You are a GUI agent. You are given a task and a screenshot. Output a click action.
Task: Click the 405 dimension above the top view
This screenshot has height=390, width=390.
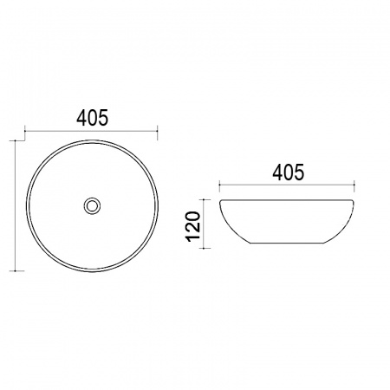tap(92, 118)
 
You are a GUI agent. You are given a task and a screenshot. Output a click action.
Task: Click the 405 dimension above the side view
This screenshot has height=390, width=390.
tap(289, 172)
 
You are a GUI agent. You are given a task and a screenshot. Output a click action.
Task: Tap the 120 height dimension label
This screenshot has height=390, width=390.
tap(193, 226)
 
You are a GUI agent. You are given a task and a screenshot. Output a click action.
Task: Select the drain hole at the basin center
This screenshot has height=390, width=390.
tap(92, 205)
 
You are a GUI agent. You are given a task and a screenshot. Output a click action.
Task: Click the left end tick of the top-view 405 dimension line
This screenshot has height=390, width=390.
tap(25, 131)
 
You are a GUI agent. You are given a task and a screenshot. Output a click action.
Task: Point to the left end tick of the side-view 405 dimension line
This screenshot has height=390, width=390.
tap(219, 184)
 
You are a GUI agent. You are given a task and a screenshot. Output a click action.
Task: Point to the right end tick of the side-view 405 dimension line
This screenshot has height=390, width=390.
tap(354, 184)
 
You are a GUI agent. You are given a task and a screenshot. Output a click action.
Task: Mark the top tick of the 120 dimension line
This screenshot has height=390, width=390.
tap(205, 199)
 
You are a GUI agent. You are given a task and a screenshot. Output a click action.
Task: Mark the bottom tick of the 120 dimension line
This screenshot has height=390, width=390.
tap(205, 248)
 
